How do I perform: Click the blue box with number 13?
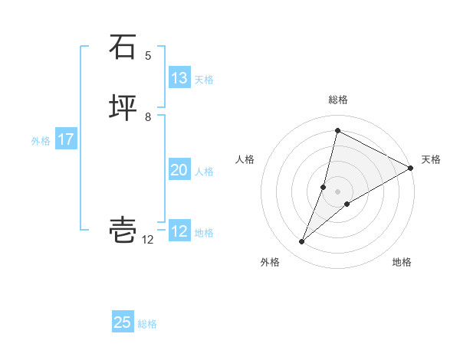tap(179, 78)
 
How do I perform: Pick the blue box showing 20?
tap(179, 170)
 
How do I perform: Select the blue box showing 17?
tap(66, 140)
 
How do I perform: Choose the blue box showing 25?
tap(123, 322)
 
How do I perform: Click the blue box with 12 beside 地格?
tap(179, 231)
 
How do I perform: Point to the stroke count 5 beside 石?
tap(149, 55)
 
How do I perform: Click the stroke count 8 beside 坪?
tap(148, 116)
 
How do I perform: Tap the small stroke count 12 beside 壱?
tap(148, 240)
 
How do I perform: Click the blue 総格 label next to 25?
tap(148, 324)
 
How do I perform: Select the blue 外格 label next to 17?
tap(41, 141)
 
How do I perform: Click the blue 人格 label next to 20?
tap(205, 172)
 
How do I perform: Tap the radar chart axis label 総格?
tap(338, 100)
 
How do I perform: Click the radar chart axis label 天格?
tap(431, 159)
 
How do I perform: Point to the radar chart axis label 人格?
tap(245, 159)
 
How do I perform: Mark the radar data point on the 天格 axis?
tap(411, 168)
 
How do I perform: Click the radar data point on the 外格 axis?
tap(302, 242)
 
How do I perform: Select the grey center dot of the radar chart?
tap(338, 191)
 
